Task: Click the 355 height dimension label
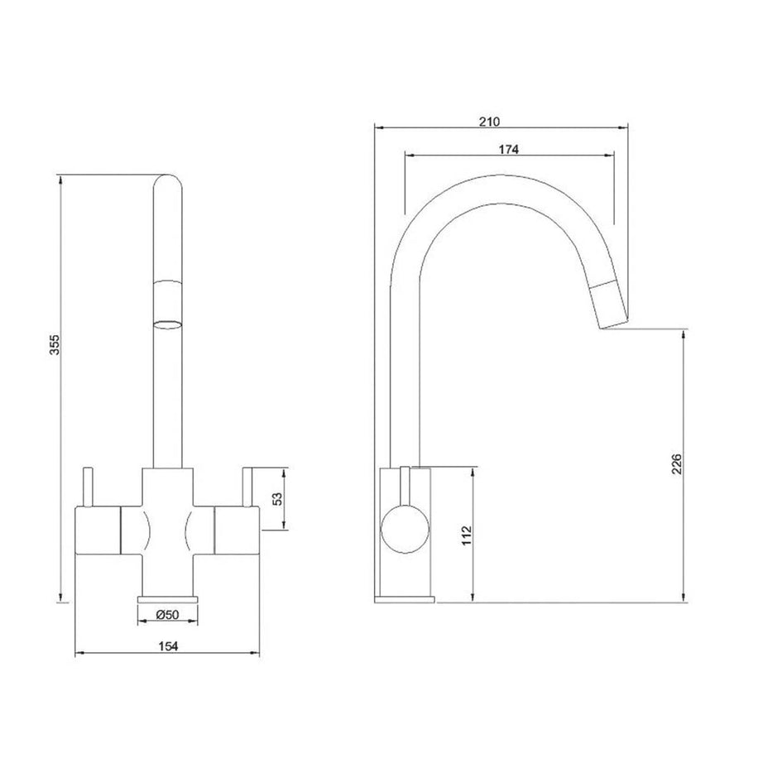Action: [x=55, y=344]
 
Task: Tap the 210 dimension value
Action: [x=489, y=121]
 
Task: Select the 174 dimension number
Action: [x=508, y=149]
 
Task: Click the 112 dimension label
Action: [x=467, y=535]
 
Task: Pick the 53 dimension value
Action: [x=277, y=498]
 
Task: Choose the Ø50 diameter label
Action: [x=167, y=615]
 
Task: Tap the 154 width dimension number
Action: [x=168, y=646]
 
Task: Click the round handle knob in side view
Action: [x=405, y=530]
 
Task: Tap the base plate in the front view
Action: [x=168, y=598]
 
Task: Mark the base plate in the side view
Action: [x=405, y=598]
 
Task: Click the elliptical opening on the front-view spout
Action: [x=168, y=324]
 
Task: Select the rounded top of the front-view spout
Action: [x=168, y=183]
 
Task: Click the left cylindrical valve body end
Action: [x=98, y=530]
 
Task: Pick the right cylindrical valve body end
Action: [x=237, y=530]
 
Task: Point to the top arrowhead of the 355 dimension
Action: [x=60, y=180]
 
